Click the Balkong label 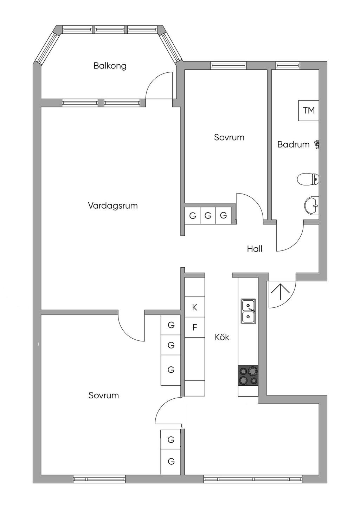(110, 66)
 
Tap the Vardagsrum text (112, 205)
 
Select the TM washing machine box (309, 111)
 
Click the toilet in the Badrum (307, 180)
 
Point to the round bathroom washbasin (311, 205)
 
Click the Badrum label (293, 144)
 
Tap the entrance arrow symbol (280, 292)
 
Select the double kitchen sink (248, 311)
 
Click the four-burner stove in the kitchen (248, 375)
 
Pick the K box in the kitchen (194, 308)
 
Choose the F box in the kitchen (194, 328)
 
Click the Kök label (222, 337)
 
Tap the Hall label (255, 249)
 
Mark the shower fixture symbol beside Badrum (317, 145)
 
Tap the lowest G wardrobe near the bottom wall (171, 461)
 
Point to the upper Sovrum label (229, 137)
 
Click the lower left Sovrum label (103, 396)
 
